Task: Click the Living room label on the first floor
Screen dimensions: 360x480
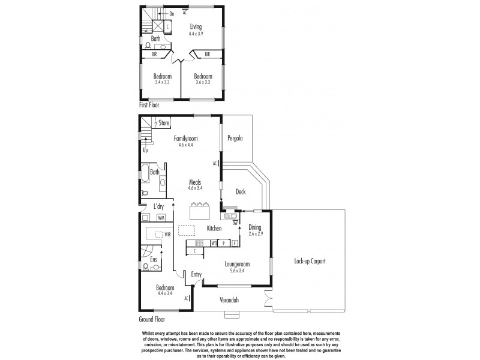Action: click(x=196, y=26)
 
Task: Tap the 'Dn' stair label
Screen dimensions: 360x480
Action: click(x=172, y=13)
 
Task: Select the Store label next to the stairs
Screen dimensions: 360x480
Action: click(x=164, y=123)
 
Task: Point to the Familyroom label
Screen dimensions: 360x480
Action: click(x=186, y=139)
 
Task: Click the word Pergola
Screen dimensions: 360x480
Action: click(x=235, y=138)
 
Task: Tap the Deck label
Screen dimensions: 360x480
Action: click(x=241, y=193)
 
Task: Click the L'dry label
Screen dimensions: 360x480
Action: click(x=159, y=206)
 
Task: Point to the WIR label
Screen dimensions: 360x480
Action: click(x=168, y=234)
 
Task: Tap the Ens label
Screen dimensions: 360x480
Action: click(x=154, y=259)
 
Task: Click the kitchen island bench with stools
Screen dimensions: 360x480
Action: click(x=200, y=211)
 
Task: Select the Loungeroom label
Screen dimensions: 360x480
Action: click(x=237, y=263)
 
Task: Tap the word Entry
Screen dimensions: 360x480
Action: click(x=196, y=274)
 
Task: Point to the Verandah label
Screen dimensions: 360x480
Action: click(x=230, y=298)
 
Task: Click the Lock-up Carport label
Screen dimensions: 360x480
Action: click(x=310, y=262)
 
